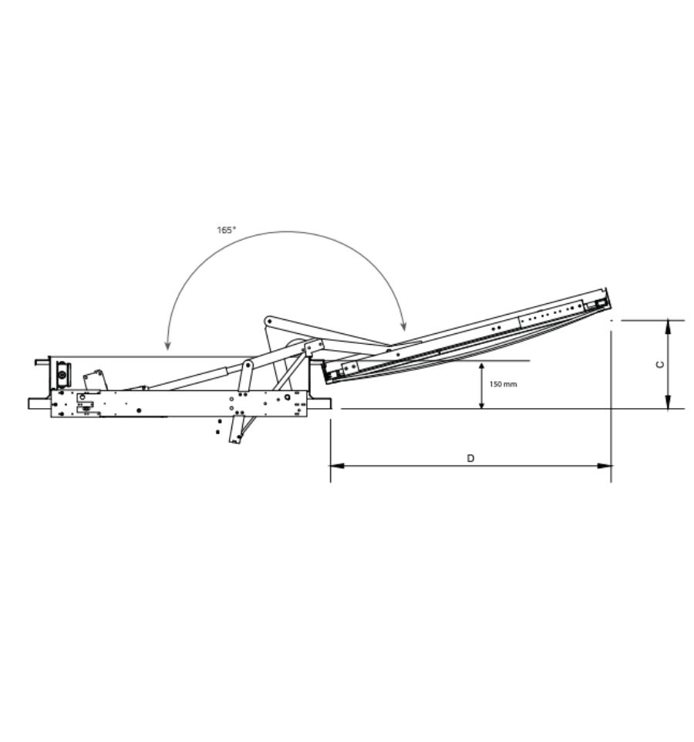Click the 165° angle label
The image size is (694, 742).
[x=226, y=230]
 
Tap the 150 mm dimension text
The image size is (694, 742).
[x=503, y=384]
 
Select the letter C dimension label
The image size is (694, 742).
[x=660, y=364]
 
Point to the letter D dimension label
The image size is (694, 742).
[x=470, y=458]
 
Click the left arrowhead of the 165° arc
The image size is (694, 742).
[x=167, y=346]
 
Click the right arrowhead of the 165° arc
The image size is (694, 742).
[x=403, y=326]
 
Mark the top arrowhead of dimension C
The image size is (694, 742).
[x=668, y=327]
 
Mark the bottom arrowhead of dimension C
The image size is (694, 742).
[x=668, y=402]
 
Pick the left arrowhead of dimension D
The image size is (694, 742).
[x=337, y=466]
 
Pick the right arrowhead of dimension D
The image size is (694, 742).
[x=604, y=466]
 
